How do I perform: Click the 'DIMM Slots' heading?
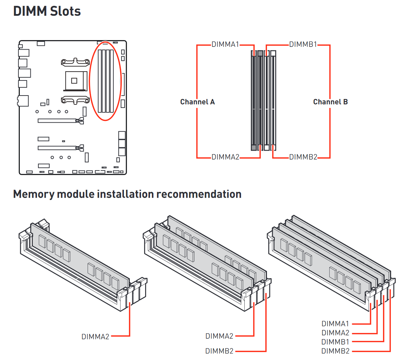click(47, 11)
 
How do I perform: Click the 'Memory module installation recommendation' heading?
click(127, 194)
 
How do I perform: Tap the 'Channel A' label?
click(197, 102)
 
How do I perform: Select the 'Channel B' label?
click(330, 102)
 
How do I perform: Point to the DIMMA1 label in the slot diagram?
click(225, 45)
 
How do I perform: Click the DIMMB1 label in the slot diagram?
click(303, 45)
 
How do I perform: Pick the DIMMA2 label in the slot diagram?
click(225, 157)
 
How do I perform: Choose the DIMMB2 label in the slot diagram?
click(303, 157)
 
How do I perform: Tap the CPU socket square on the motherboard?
click(74, 81)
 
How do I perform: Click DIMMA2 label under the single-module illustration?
click(95, 337)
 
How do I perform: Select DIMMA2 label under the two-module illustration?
click(219, 336)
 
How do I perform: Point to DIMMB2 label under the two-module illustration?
click(219, 351)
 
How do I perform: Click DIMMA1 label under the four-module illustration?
click(335, 324)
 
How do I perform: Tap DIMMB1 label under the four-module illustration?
click(335, 342)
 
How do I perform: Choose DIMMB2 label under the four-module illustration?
click(335, 351)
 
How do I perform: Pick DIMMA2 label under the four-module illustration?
click(335, 333)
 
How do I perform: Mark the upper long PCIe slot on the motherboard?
click(58, 121)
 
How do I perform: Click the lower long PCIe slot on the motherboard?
click(58, 148)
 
